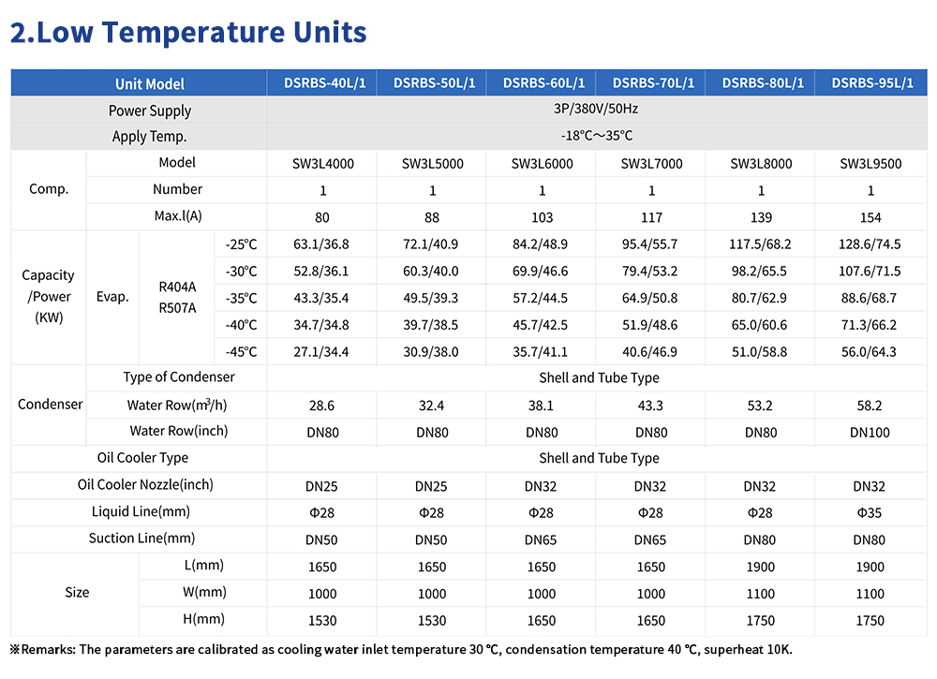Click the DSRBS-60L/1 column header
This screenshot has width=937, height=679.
pos(543,83)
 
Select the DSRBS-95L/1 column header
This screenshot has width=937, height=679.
pos(871,83)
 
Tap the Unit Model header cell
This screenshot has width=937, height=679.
pos(149,84)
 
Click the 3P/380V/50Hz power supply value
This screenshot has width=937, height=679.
pos(596,109)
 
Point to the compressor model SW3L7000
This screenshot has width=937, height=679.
pos(651,164)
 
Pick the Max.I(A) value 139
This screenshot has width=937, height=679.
pos(761,217)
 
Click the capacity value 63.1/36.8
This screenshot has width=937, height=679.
pos(320,244)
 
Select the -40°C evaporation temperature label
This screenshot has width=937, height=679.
pos(241,325)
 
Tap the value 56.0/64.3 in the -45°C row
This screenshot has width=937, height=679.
pos(869,352)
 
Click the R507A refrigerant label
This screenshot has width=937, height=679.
pos(177,308)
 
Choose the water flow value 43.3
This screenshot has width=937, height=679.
pos(650,406)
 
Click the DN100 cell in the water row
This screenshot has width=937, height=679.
pos(870,433)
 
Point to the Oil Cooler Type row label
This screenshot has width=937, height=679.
pos(142,458)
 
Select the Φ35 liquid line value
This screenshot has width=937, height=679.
pos(870,513)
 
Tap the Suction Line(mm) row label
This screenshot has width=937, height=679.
pos(141,539)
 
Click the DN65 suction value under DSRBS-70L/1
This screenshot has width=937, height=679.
pos(650,539)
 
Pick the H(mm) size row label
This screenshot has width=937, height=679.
pos(203,619)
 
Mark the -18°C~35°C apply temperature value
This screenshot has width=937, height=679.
pos(596,136)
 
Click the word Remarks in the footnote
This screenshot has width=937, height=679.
pos(47,650)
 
